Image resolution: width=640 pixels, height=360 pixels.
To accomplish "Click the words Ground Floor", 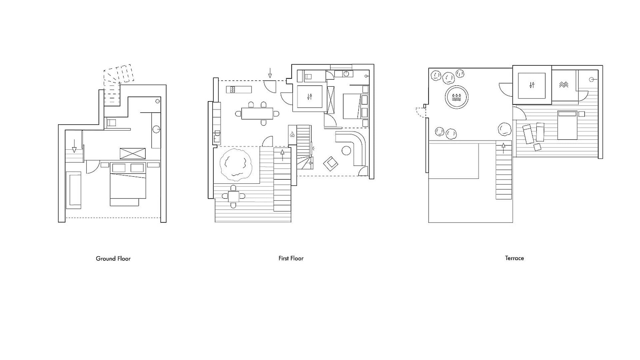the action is pyautogui.click(x=113, y=258).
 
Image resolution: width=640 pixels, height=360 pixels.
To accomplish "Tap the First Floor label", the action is pyautogui.click(x=291, y=258).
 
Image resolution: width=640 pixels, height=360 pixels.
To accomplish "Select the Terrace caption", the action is pyautogui.click(x=514, y=258).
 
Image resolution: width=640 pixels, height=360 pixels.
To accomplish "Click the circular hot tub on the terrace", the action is pyautogui.click(x=457, y=97).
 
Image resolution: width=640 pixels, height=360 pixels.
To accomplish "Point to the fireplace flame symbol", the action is pyautogui.click(x=292, y=135).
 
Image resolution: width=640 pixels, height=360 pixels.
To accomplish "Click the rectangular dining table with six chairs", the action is pyautogui.click(x=257, y=114).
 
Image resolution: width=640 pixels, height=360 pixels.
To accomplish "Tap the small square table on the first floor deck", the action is pyautogui.click(x=233, y=196).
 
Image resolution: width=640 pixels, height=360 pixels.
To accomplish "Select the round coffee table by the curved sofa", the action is pyautogui.click(x=347, y=151).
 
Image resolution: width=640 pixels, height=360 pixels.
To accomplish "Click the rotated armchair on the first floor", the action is pyautogui.click(x=331, y=164).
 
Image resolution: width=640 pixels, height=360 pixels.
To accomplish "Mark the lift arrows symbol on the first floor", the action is pyautogui.click(x=310, y=97).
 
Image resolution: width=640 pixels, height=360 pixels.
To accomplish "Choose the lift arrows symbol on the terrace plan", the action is pyautogui.click(x=532, y=85).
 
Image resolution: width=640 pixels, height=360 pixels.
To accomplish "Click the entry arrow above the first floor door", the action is pyautogui.click(x=270, y=73).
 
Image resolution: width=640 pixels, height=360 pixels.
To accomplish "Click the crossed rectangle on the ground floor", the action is pyautogui.click(x=133, y=154).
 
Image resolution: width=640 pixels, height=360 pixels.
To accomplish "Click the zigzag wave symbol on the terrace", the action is pyautogui.click(x=564, y=85).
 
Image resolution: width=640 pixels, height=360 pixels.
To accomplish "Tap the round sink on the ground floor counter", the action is pyautogui.click(x=156, y=129).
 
